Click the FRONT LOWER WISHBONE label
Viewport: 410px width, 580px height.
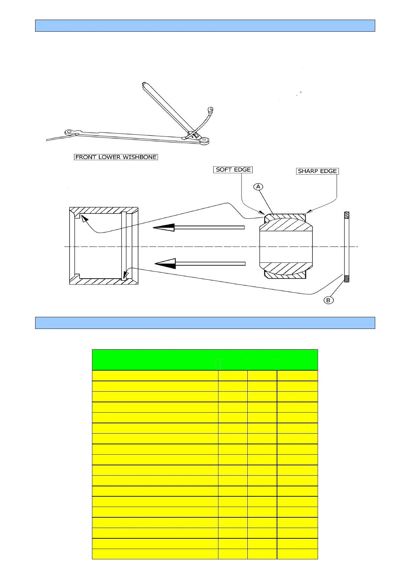click(116, 157)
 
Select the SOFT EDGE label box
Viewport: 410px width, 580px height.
click(233, 169)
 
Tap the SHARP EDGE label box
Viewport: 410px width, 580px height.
click(317, 171)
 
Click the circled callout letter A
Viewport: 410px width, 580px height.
click(258, 187)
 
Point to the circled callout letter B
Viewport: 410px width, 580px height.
click(328, 300)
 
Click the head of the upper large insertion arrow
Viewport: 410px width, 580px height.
click(164, 227)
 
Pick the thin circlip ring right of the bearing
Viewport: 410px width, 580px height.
click(347, 247)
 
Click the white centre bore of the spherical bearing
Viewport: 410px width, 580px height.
click(286, 247)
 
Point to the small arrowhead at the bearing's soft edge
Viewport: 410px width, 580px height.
click(262, 213)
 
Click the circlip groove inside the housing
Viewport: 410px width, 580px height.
click(124, 246)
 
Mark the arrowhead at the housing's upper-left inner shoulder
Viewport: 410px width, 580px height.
click(83, 218)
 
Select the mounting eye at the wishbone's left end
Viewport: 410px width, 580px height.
click(70, 132)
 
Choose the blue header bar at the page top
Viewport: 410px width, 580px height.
click(205, 26)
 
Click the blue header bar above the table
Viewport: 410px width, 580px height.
click(205, 323)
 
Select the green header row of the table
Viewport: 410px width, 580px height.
click(205, 360)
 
